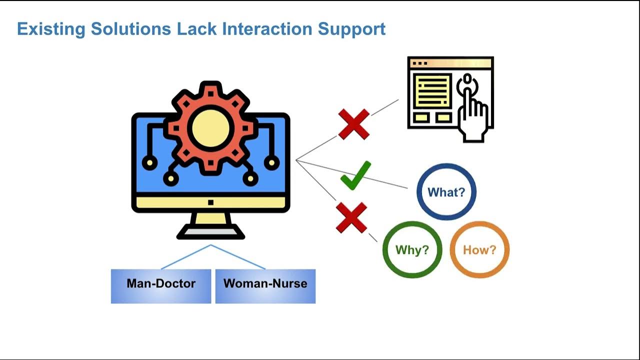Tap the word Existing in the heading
tap(51, 29)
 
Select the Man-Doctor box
tap(161, 286)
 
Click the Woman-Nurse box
tap(265, 286)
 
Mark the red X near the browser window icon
tap(353, 124)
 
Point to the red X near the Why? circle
tap(351, 217)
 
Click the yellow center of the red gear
tap(210, 128)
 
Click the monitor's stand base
tap(210, 231)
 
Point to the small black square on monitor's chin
tap(210, 202)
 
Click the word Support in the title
tap(351, 29)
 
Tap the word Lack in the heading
tap(196, 29)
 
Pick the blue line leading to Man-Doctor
tap(186, 257)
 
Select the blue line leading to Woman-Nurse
tap(238, 257)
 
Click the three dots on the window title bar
tap(419, 63)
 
